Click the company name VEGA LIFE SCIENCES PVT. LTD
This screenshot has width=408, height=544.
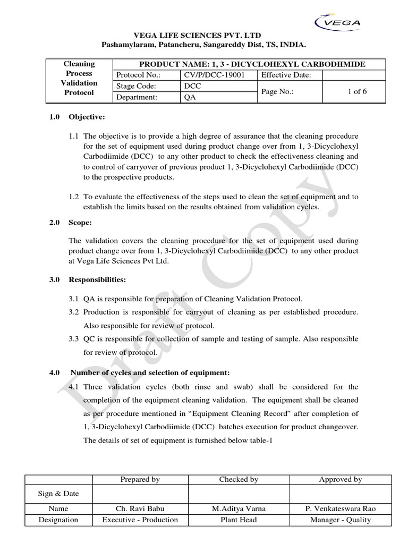(204, 36)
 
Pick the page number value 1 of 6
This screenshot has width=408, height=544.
(356, 91)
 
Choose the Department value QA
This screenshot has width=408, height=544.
(189, 97)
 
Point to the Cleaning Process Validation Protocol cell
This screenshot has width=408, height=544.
(79, 78)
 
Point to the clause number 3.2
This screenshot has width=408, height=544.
(75, 312)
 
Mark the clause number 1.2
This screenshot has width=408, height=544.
(75, 197)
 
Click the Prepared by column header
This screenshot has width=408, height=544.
(140, 479)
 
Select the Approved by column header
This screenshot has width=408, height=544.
(341, 479)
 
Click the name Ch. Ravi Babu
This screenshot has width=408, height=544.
(140, 508)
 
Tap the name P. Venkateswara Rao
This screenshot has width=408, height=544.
(341, 508)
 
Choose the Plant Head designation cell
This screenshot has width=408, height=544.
(239, 520)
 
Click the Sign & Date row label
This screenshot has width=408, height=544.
(58, 494)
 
